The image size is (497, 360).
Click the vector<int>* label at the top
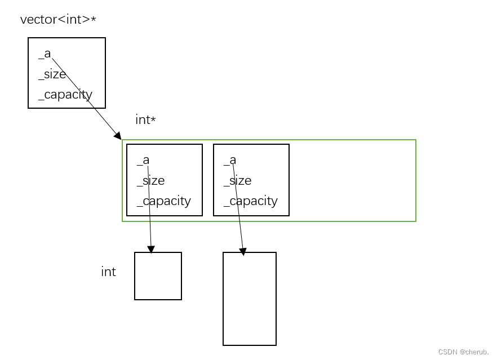point(58,20)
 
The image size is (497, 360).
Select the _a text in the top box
point(45,54)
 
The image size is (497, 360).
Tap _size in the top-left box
point(52,74)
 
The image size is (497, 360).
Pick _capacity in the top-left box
point(65,95)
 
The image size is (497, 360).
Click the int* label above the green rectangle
point(145,119)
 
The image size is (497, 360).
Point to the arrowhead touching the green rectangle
point(117,135)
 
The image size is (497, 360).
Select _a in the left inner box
point(143,160)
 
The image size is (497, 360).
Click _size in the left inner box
point(150,180)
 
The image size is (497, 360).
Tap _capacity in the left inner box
point(163,201)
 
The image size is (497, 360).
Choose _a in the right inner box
point(230,160)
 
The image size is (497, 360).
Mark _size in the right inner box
point(237,180)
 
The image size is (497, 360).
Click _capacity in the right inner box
point(250,201)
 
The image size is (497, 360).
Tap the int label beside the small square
point(108,272)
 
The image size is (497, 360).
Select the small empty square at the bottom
point(158,276)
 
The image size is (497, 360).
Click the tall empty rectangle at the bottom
point(250,299)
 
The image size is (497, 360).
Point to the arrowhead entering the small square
point(150,249)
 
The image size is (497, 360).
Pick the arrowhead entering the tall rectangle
point(243,252)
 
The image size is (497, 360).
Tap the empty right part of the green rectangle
point(352,180)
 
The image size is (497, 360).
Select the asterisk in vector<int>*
point(93,20)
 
